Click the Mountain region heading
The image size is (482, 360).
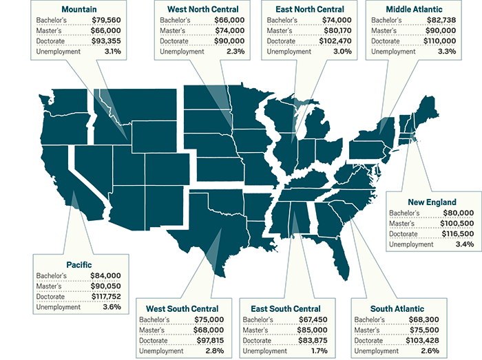point(79,10)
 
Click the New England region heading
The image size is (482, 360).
point(432,202)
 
